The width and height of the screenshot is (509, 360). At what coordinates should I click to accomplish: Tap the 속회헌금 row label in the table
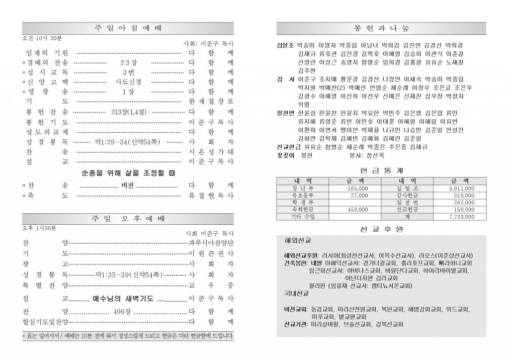[x=303, y=210]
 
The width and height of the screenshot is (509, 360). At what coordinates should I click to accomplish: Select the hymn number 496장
[x=121, y=311]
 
